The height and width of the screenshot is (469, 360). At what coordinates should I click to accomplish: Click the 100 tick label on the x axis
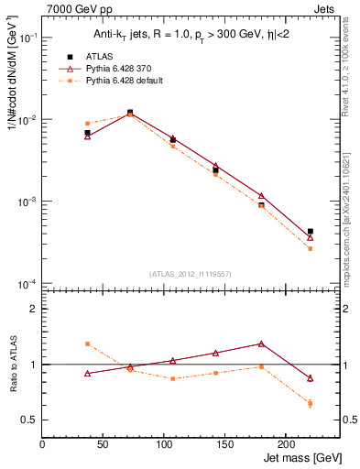coord(123,443)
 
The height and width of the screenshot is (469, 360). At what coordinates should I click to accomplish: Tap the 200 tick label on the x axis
coord(285,443)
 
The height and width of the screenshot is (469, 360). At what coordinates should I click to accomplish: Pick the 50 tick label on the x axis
coord(82,443)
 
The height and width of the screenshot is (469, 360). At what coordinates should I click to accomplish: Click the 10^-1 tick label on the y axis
coord(27,38)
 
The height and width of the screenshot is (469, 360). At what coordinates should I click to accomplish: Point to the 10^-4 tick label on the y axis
coord(27,283)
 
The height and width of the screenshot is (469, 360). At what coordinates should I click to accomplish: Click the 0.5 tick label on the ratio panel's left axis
coord(29,420)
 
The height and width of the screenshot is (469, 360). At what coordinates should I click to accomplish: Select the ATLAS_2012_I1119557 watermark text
coord(184,274)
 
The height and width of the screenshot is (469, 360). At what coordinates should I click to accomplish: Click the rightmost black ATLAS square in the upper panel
coord(311,232)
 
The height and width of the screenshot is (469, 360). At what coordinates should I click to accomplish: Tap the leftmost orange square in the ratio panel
coord(87,344)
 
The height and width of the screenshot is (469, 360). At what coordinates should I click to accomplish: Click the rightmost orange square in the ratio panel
coord(311,403)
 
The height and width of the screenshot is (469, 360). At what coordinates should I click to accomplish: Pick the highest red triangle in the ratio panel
coord(261,344)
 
